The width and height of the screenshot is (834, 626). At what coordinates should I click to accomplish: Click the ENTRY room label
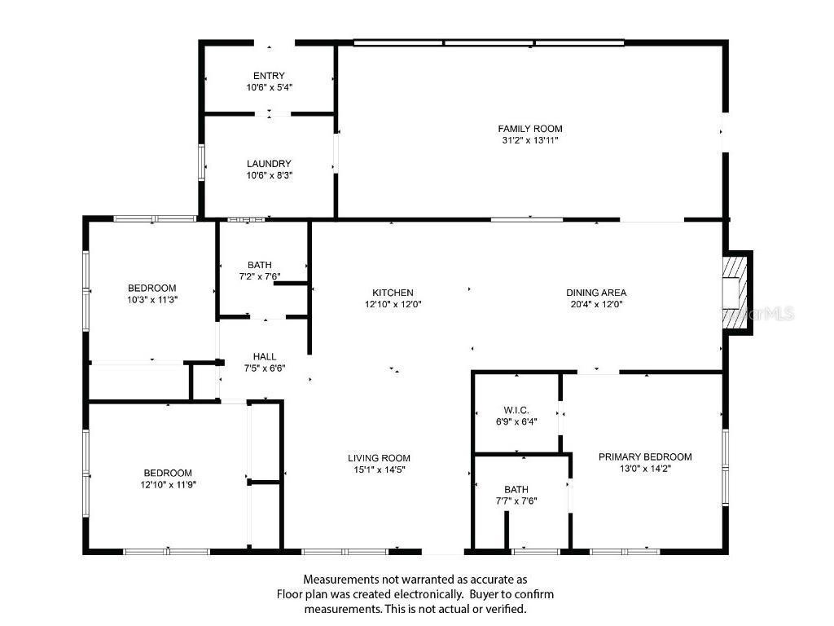point(269,76)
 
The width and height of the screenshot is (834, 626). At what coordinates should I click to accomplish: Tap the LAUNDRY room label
point(269,164)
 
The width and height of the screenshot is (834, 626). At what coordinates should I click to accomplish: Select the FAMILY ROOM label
point(530,129)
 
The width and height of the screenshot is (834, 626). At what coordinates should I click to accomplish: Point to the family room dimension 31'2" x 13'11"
point(530,140)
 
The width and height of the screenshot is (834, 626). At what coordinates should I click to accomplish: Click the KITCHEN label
point(393,293)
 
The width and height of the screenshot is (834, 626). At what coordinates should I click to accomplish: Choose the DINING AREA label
point(596,293)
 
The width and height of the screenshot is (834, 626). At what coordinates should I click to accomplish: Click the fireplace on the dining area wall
point(735,292)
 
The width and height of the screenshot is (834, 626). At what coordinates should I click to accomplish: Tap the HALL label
point(265,356)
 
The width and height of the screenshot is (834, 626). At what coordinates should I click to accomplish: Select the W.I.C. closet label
point(516,410)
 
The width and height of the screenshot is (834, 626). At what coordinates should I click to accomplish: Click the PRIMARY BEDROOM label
point(645,456)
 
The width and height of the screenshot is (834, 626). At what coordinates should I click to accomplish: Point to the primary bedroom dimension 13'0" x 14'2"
point(645,468)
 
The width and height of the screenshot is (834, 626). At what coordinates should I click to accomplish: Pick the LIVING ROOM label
point(380,458)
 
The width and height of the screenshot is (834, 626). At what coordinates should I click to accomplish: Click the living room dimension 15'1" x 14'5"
point(380,469)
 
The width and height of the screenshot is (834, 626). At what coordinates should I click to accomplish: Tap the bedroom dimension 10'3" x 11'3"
point(152,299)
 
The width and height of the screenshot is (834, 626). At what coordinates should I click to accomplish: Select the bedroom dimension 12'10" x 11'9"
point(169,484)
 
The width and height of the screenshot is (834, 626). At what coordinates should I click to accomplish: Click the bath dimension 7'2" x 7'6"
point(260,276)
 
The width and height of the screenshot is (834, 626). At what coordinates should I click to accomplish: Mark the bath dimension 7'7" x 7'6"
point(516,500)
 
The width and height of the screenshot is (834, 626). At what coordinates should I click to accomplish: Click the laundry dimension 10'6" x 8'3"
point(269,175)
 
